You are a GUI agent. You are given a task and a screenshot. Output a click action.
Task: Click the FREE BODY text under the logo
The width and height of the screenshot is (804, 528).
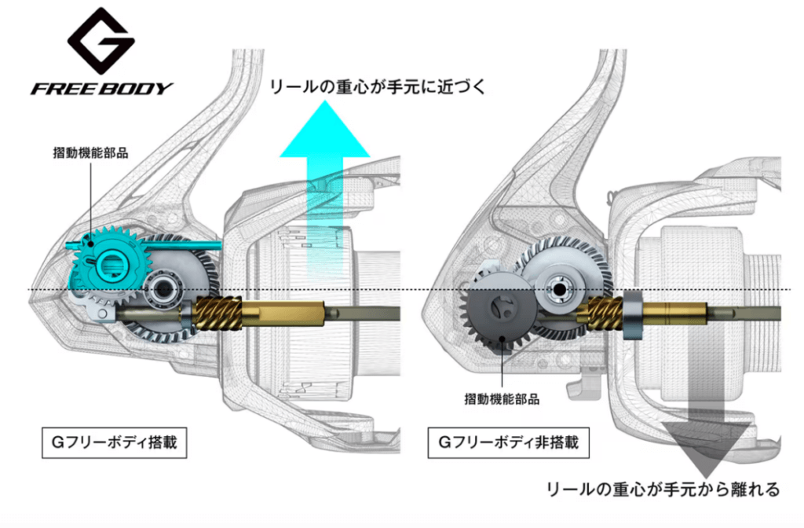tap(102, 87)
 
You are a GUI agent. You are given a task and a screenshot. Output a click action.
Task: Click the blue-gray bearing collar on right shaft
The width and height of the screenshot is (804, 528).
tap(634, 316)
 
